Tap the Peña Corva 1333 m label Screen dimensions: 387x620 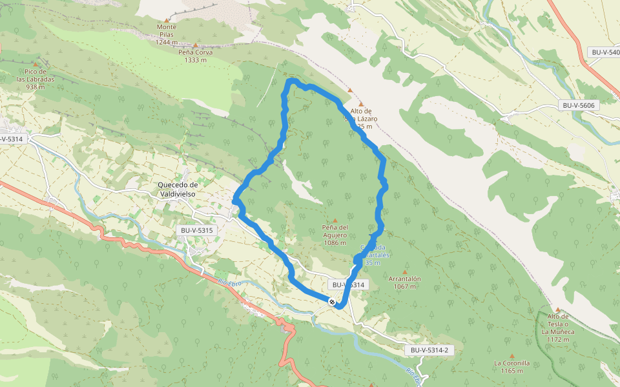[x=195, y=56]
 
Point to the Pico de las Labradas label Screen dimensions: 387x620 [x=36, y=79]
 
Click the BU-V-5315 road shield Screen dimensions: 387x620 [x=197, y=230]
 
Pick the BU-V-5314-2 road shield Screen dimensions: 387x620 [x=429, y=350]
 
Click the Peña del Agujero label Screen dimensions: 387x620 [x=335, y=235]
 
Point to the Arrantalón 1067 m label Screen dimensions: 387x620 [x=405, y=283]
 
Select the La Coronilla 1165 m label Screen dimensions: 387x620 [x=512, y=366]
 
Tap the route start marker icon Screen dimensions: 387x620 [x=332, y=301]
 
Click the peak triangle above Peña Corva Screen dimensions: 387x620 [x=195, y=45]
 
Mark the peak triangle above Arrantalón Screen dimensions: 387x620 [x=405, y=272]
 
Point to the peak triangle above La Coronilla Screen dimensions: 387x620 [x=512, y=356]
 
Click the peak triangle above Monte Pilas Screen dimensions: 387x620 [x=167, y=20]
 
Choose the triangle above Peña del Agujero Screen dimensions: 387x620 [x=335, y=221]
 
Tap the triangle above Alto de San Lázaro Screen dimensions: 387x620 [x=361, y=104]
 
